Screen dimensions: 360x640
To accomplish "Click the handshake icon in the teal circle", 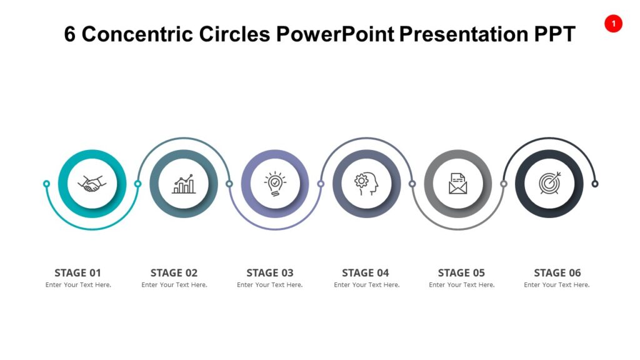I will [x=92, y=184].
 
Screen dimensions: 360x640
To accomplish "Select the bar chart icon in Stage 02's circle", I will [x=184, y=184].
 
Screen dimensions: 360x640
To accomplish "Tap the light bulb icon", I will [x=275, y=184].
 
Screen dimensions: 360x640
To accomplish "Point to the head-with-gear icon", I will [x=366, y=184].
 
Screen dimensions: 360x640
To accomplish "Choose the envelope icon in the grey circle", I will [x=458, y=184].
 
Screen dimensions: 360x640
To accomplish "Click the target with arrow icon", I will [x=549, y=184].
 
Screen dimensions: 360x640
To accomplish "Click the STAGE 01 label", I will [x=77, y=272].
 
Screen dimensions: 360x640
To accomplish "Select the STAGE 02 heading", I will [x=174, y=272].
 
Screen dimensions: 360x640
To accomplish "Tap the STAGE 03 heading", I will [x=270, y=272].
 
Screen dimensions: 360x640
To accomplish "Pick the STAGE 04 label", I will [x=366, y=272].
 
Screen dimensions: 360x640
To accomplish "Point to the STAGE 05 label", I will [x=461, y=272].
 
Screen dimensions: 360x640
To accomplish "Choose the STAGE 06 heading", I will [x=557, y=272].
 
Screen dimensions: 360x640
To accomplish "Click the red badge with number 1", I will [x=613, y=24].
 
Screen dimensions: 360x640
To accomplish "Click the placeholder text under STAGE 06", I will [x=557, y=285].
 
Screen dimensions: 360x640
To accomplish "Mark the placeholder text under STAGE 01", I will [x=78, y=285].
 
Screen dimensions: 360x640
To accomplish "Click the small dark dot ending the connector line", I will [x=595, y=184].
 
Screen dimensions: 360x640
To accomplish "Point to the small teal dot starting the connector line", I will [x=46, y=184].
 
